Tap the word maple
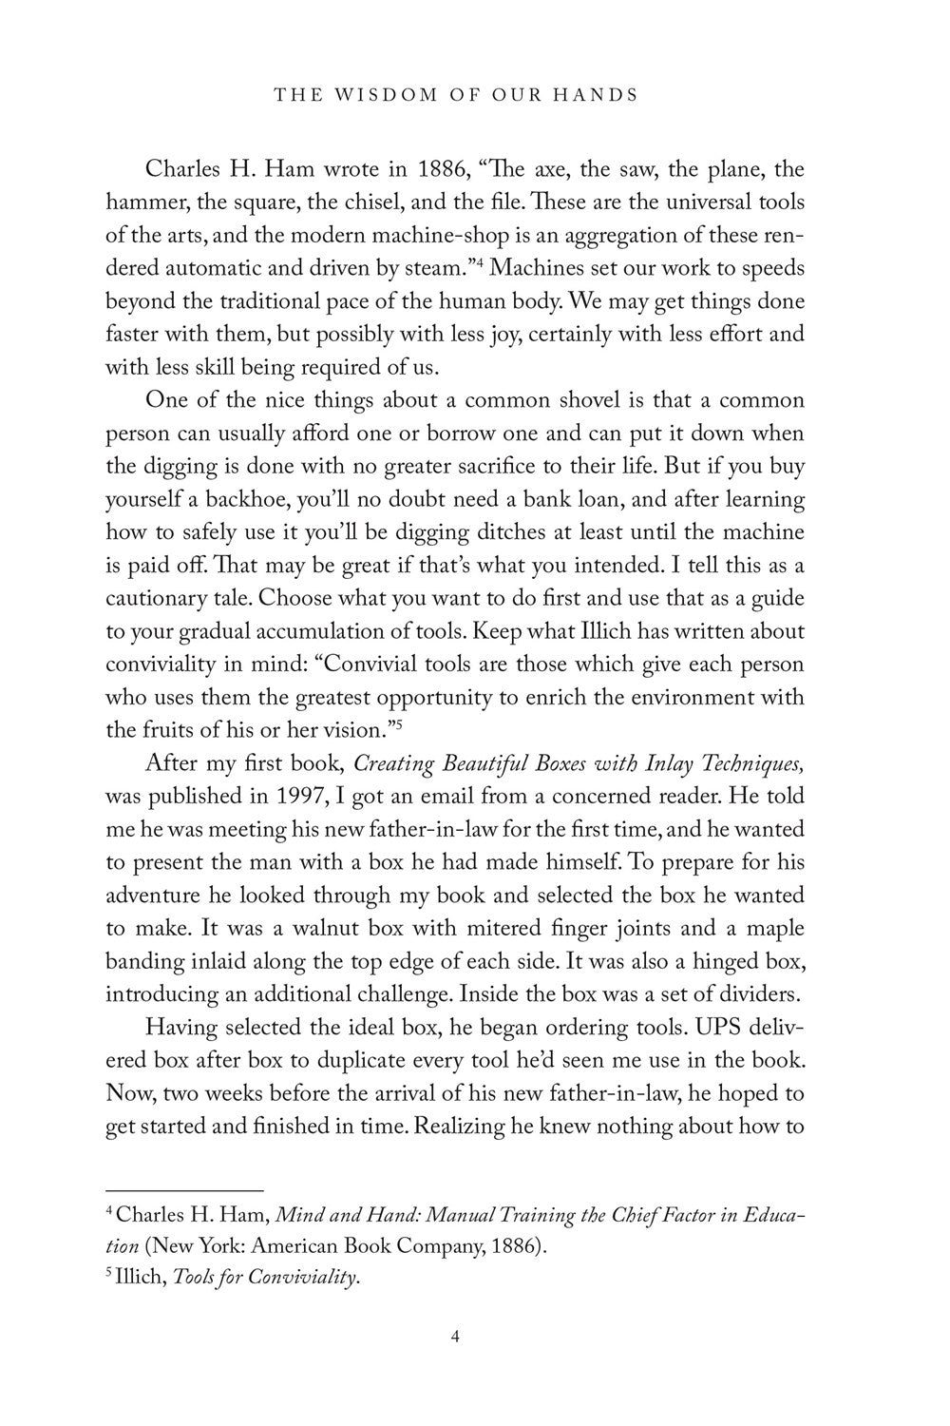tap(770, 927)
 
